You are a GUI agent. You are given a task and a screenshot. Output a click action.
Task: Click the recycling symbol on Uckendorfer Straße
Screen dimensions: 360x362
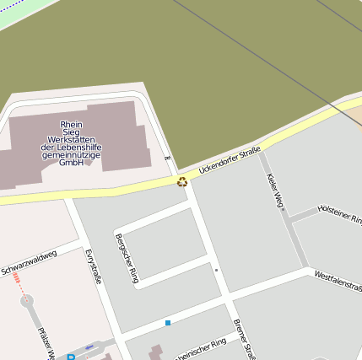(182, 181)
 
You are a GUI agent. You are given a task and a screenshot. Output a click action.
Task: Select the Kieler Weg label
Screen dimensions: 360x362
(275, 190)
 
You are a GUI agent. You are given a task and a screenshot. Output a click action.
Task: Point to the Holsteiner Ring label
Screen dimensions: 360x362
(339, 207)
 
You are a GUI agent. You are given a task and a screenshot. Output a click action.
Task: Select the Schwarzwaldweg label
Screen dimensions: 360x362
(30, 261)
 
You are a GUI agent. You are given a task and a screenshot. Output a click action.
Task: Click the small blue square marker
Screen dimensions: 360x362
(168, 323)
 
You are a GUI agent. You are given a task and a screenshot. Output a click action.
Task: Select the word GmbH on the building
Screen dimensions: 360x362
(71, 163)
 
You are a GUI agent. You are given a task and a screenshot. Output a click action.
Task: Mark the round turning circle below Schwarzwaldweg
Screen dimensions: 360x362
(25, 299)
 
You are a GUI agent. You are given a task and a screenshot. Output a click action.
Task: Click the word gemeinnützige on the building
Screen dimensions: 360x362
(71, 155)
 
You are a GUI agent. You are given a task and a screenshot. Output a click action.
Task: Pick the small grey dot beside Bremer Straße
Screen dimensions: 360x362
(216, 271)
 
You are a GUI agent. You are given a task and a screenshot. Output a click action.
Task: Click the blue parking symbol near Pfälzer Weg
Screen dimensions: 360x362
(71, 357)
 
